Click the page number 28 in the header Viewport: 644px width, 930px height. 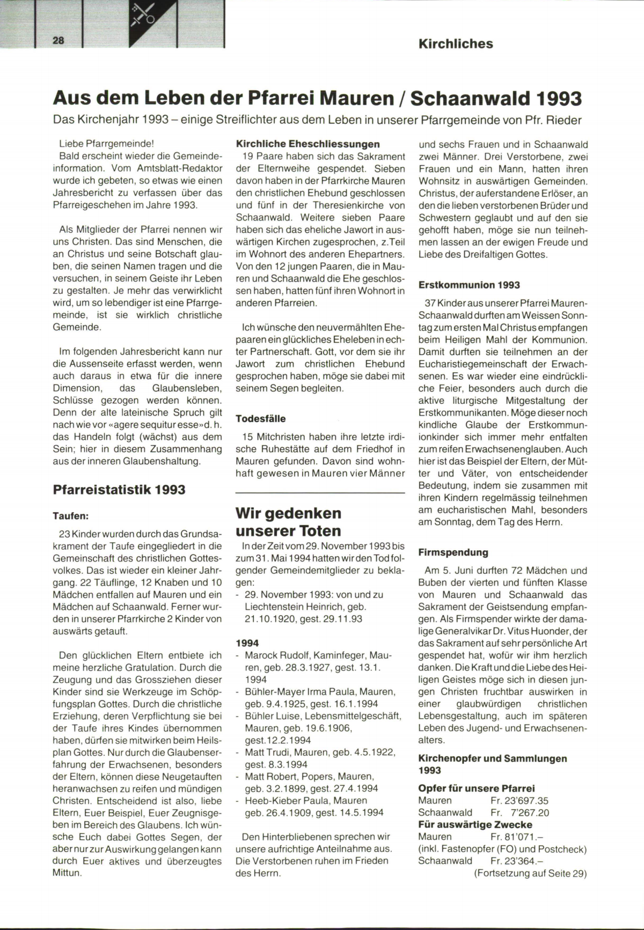coord(58,41)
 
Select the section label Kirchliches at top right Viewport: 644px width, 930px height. coord(456,44)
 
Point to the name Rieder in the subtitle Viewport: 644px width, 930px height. coord(564,120)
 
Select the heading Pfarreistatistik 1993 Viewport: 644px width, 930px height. coord(119,490)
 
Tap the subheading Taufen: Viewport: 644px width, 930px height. coord(71,516)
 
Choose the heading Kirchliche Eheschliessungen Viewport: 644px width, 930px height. coord(308,144)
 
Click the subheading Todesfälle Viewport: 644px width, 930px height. coord(261,418)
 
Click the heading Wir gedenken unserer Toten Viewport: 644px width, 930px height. coord(289,522)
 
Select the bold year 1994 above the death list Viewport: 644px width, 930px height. coord(247,643)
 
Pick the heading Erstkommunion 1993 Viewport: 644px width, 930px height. coord(469,285)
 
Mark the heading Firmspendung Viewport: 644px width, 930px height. coord(453,552)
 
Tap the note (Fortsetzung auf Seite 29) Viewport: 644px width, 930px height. coord(530,873)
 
